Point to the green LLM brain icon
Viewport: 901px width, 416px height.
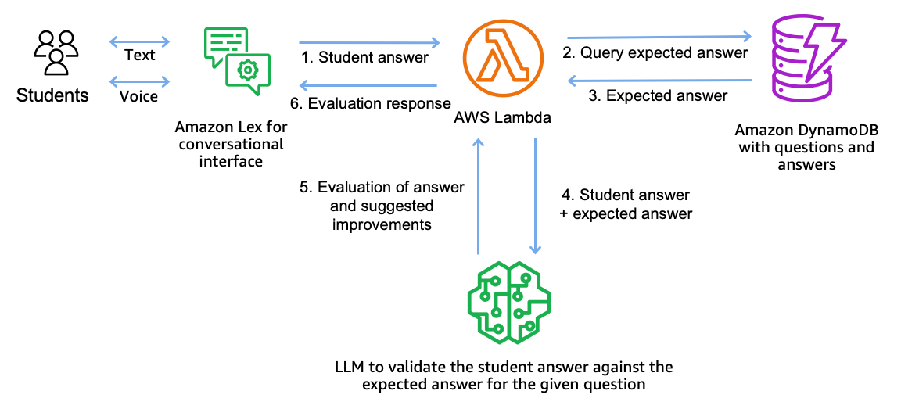pos(508,300)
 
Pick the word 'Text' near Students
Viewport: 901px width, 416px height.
pos(139,56)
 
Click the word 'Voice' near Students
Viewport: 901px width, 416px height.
pos(139,96)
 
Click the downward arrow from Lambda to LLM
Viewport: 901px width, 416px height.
pos(535,195)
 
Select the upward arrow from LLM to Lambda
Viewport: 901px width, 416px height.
pos(479,195)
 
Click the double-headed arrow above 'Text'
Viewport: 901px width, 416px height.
pos(140,41)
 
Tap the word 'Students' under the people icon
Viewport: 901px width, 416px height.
pos(53,96)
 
